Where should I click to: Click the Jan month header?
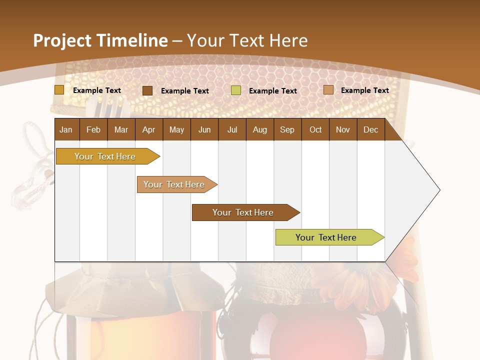(66, 129)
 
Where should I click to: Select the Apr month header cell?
(148, 129)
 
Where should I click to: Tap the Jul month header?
(232, 129)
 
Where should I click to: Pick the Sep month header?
(287, 129)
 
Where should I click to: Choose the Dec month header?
(370, 129)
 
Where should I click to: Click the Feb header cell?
(93, 129)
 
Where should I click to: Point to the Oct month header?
(315, 129)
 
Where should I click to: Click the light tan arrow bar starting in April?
(175, 184)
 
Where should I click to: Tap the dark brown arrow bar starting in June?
(244, 212)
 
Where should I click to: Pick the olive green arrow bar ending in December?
(327, 237)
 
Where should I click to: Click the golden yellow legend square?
(59, 90)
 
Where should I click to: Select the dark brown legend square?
(147, 90)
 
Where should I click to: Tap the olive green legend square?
(236, 90)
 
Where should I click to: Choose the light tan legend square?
(328, 90)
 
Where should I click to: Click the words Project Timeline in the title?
(100, 40)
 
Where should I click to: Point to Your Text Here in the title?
(247, 40)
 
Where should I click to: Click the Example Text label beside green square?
(272, 91)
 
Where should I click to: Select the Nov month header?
(343, 129)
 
